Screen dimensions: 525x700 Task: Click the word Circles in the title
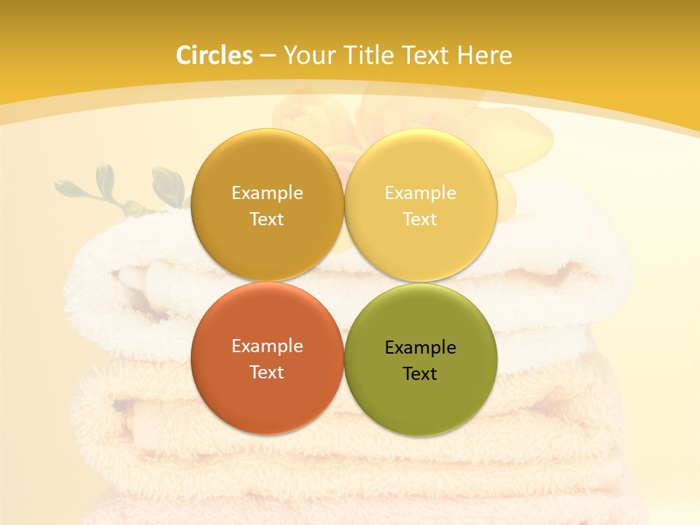pyautogui.click(x=214, y=55)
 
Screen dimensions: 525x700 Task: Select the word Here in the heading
pyautogui.click(x=485, y=55)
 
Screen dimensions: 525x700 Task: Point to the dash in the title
pyautogui.click(x=268, y=56)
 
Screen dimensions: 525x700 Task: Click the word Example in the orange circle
pyautogui.click(x=267, y=346)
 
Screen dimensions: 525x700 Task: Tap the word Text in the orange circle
pyautogui.click(x=267, y=372)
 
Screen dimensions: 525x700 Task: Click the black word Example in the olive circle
pyautogui.click(x=420, y=348)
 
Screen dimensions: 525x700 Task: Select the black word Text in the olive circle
pyautogui.click(x=420, y=373)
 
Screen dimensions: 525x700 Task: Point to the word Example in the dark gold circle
pyautogui.click(x=267, y=193)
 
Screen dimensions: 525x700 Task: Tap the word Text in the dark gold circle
pyautogui.click(x=267, y=219)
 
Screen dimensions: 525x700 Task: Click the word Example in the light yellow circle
pyautogui.click(x=420, y=193)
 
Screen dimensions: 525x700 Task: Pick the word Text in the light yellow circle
pyautogui.click(x=420, y=219)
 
